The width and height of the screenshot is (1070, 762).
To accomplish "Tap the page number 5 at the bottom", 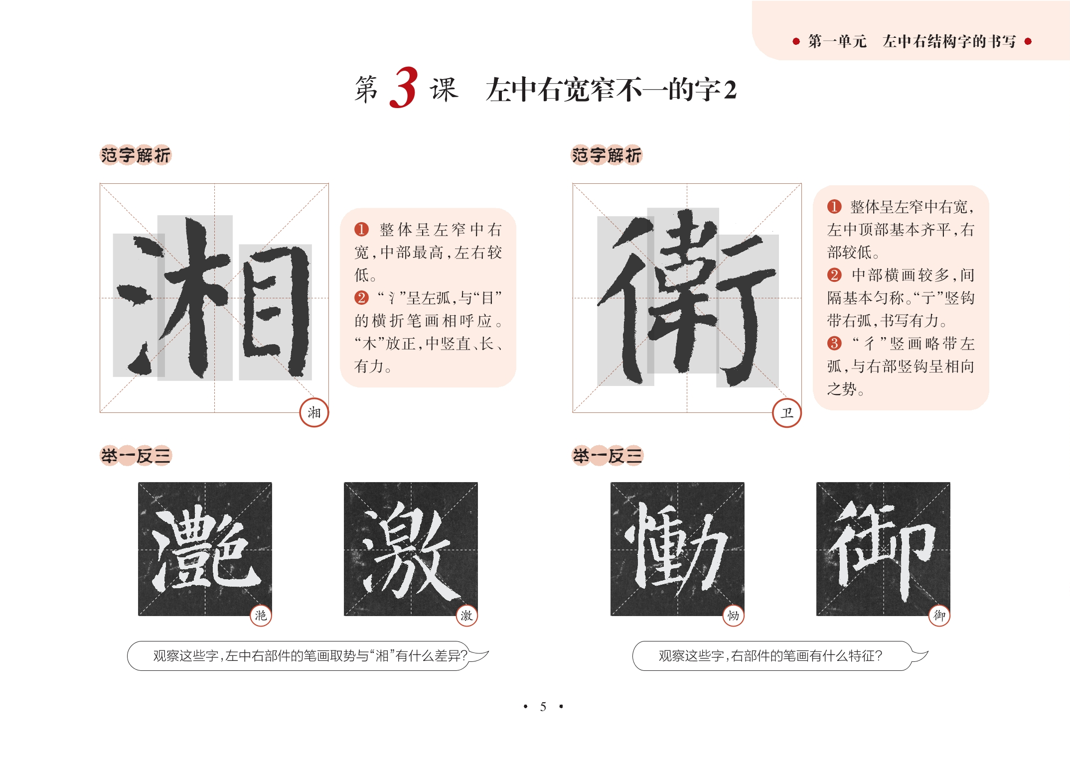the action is [x=543, y=706].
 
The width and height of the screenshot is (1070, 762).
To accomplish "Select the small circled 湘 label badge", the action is [x=314, y=412].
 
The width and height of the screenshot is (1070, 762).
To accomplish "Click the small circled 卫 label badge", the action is [x=786, y=412].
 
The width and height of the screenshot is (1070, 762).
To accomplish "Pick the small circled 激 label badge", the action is [x=466, y=616].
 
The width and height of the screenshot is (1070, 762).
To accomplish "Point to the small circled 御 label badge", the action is [x=939, y=616].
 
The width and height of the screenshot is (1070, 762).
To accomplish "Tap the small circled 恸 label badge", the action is [x=733, y=616].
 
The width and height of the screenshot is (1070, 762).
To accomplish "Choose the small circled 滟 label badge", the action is [x=261, y=616].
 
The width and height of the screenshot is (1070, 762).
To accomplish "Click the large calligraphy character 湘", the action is [x=214, y=298].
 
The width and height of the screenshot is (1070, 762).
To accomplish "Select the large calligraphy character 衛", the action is [x=687, y=298].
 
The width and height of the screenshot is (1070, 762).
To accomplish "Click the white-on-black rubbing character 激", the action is [x=411, y=549].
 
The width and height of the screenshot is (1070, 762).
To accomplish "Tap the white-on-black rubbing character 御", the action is [x=883, y=549].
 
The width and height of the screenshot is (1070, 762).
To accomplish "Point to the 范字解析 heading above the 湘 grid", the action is [x=136, y=155].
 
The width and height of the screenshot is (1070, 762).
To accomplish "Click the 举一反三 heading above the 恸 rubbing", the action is [x=608, y=456].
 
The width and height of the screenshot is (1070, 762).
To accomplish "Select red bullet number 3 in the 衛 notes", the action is [x=834, y=343].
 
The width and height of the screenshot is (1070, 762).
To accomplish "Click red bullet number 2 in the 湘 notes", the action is [x=361, y=298].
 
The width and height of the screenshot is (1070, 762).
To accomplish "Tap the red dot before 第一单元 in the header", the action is [x=796, y=41].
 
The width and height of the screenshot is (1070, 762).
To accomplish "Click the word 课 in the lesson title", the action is [x=444, y=90].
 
